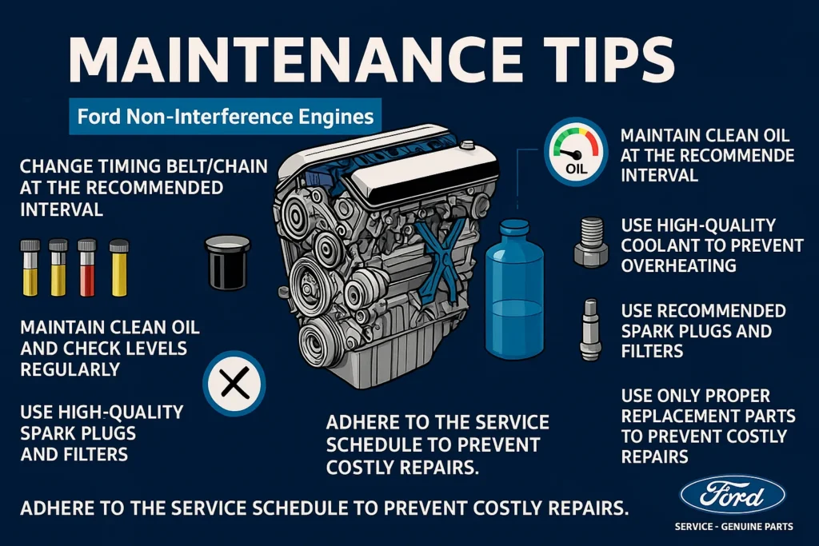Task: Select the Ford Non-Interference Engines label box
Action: [x=226, y=117]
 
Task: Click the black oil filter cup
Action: [x=230, y=261]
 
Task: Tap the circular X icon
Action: [x=234, y=387]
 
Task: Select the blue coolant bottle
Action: [x=514, y=296]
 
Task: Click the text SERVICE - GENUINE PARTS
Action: [x=733, y=527]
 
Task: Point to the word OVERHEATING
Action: [x=678, y=266]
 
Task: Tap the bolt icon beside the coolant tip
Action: [x=589, y=243]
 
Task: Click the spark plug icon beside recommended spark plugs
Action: [x=589, y=327]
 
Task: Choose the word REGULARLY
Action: [x=70, y=369]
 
